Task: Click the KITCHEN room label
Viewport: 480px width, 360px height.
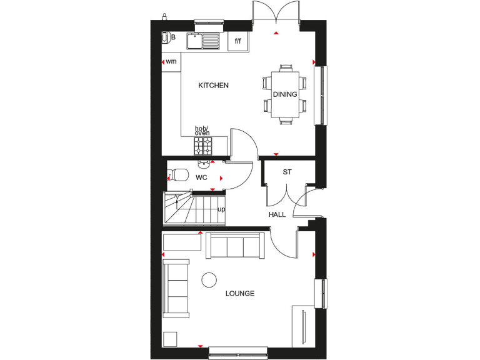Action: (213, 86)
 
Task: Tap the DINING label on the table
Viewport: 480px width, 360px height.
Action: (285, 94)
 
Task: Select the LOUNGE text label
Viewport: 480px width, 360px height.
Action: (241, 293)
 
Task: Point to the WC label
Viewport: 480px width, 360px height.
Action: (201, 177)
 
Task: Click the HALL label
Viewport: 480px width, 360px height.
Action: (277, 214)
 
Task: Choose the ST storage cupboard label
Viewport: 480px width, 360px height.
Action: (287, 172)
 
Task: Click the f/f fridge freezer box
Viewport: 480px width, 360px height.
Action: (238, 41)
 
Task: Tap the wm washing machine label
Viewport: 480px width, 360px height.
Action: (171, 61)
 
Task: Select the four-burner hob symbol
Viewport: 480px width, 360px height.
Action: (203, 146)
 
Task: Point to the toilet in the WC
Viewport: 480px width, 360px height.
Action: (179, 174)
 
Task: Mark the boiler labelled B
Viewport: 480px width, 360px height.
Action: (167, 37)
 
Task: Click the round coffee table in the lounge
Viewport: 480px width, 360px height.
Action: (209, 279)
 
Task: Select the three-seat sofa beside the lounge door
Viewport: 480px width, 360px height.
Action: (235, 245)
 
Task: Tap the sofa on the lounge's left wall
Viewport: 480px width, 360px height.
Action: (176, 289)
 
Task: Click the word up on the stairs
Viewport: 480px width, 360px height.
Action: (221, 209)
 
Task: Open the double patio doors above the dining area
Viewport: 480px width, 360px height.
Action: (276, 15)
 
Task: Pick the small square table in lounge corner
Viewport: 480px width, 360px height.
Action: (169, 338)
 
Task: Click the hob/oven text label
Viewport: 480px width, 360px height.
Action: (202, 131)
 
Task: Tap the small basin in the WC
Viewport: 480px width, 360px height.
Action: (204, 164)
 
